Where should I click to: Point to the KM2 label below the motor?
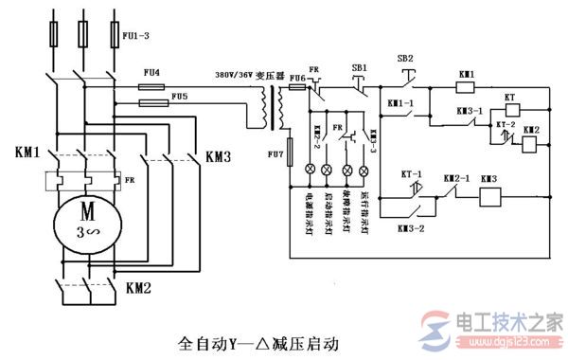point(139,282)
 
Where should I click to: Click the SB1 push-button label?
point(359,67)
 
